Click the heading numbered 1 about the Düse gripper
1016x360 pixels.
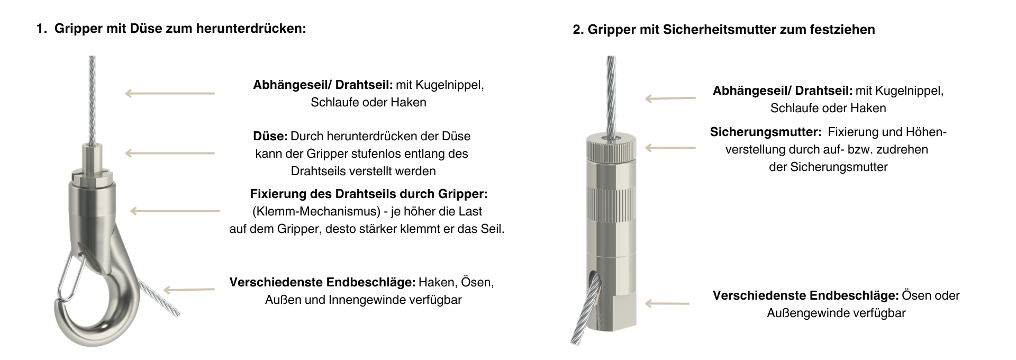click(x=171, y=29)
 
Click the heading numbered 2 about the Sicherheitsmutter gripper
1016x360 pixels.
click(x=723, y=30)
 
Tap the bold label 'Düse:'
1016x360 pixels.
click(x=270, y=136)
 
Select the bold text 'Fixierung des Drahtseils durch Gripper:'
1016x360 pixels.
click(x=368, y=194)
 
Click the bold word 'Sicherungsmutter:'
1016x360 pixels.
click(x=765, y=132)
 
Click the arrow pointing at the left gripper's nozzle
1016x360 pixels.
click(x=170, y=154)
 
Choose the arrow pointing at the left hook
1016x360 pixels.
click(x=189, y=290)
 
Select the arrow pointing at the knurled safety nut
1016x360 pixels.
click(x=670, y=148)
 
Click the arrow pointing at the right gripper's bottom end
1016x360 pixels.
click(x=667, y=303)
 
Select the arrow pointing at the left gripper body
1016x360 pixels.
click(x=175, y=211)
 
